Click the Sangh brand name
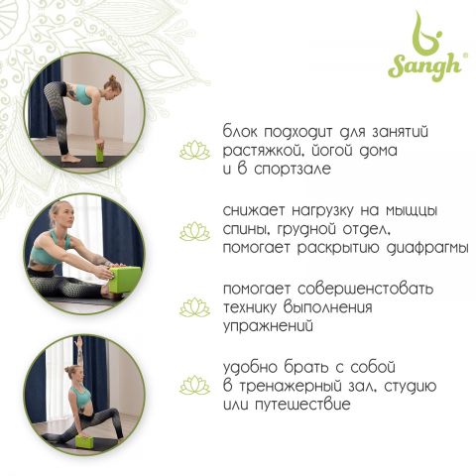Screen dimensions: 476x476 coord(425,67)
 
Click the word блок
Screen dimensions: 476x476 coord(240,131)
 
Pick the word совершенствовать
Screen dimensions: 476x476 coord(365,289)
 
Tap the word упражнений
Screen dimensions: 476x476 coord(268,326)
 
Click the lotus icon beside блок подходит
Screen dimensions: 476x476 coord(194,150)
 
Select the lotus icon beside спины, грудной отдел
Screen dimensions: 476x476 coord(194,231)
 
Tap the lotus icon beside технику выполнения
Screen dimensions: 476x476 coord(194,307)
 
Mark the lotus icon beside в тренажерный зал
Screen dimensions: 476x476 coord(194,385)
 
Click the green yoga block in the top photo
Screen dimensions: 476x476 coord(100,153)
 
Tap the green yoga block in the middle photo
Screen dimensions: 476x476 coord(124,280)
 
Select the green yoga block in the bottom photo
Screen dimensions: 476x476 coord(83,441)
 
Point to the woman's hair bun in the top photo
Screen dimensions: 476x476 coord(112,78)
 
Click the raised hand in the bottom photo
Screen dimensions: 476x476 coord(78,339)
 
